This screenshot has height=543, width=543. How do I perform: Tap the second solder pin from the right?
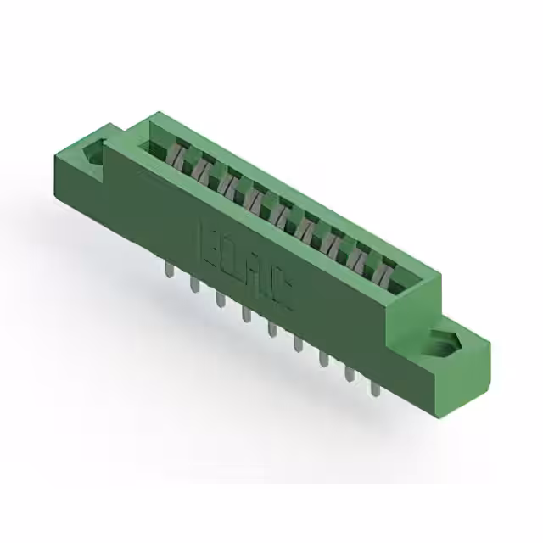pyautogui.click(x=349, y=372)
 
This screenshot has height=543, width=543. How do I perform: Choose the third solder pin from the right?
pyautogui.click(x=323, y=358)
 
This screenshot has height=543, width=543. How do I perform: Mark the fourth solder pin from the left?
pyautogui.click(x=246, y=315)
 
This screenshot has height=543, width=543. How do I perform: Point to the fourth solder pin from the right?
pyautogui.click(x=297, y=344)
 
